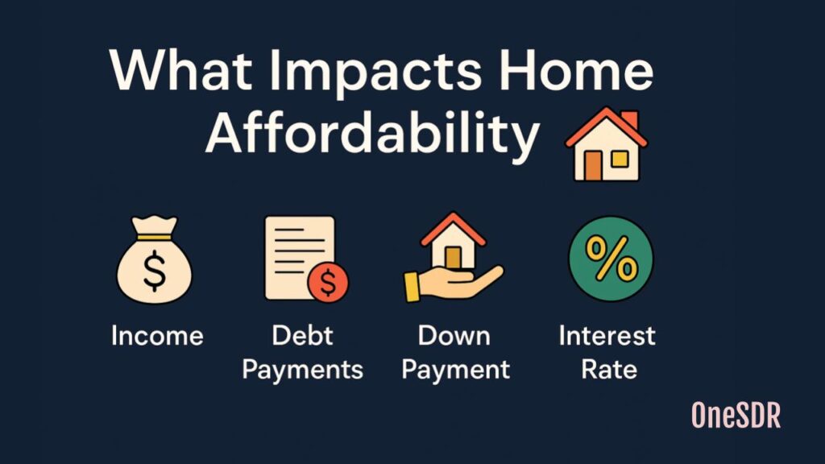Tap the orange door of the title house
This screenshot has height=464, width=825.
tap(593, 164)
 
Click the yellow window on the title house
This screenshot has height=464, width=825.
tap(620, 159)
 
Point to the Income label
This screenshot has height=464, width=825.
tap(157, 335)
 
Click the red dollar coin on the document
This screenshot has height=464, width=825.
tap(327, 283)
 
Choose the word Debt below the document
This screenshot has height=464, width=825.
tap(302, 335)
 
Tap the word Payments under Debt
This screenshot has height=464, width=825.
tap(302, 370)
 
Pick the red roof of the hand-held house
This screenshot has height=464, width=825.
tap(453, 229)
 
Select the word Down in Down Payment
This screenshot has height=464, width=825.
tap(455, 335)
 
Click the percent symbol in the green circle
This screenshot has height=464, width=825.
tap(611, 259)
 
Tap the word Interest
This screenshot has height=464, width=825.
tap(607, 335)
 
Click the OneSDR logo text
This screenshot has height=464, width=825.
tap(736, 415)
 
